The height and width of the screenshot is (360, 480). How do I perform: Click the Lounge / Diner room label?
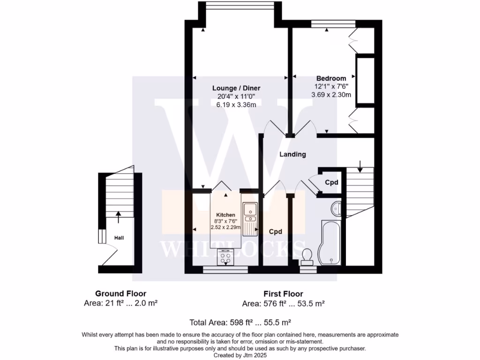click(236, 88)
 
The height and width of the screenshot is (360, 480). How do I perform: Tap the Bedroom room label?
click(331, 78)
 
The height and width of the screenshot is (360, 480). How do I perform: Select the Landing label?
click(292, 154)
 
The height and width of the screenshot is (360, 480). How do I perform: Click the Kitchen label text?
click(225, 215)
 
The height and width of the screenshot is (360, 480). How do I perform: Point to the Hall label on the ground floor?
click(119, 238)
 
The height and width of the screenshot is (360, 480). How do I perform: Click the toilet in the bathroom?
click(307, 255)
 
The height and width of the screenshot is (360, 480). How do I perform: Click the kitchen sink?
click(250, 212)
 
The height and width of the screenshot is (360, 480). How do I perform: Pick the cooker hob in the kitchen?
click(226, 257)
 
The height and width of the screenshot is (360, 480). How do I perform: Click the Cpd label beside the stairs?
click(332, 182)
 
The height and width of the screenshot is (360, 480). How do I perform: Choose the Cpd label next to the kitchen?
click(275, 232)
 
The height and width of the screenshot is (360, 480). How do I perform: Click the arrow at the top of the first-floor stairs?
click(360, 165)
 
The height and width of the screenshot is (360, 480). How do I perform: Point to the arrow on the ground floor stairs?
click(118, 216)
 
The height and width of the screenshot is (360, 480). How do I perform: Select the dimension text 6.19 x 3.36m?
click(236, 105)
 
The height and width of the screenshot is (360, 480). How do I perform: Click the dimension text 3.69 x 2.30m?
click(331, 95)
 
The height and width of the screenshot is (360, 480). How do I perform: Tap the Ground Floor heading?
click(120, 294)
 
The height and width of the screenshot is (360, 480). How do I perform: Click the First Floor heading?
click(284, 294)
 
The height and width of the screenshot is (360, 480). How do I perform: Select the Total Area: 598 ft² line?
click(240, 322)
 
